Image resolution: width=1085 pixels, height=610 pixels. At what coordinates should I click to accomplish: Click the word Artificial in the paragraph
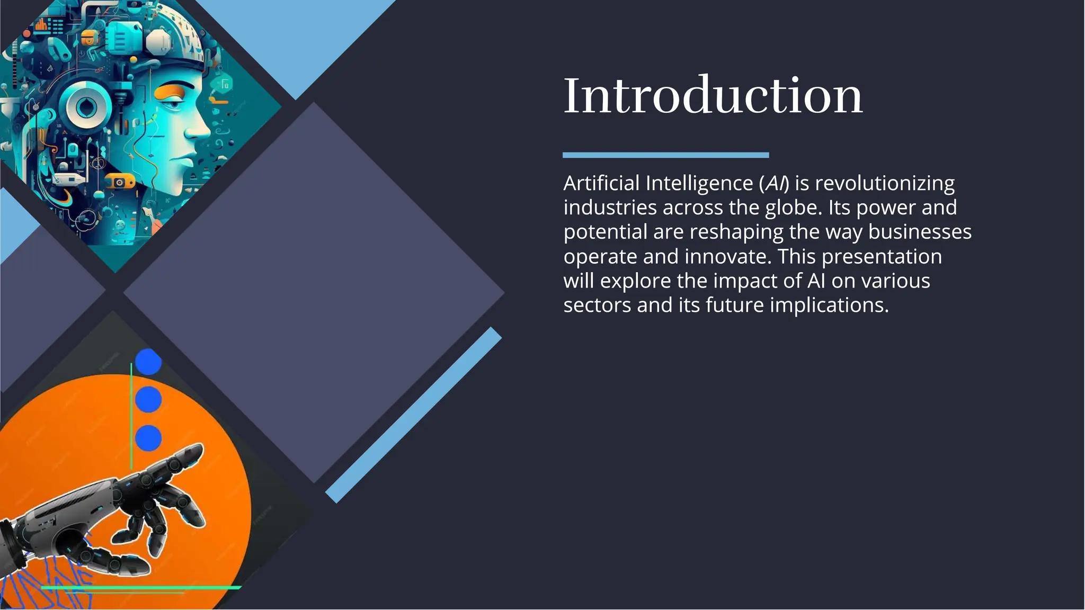[601, 183]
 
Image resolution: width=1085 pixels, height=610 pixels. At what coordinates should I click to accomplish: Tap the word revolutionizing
[884, 183]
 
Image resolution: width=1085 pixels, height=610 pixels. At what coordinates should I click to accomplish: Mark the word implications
[829, 306]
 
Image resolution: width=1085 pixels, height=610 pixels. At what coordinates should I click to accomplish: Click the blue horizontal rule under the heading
[665, 155]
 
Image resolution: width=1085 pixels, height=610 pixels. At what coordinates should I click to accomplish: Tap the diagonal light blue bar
[413, 415]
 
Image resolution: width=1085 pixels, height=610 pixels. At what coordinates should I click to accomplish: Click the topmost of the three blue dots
[148, 362]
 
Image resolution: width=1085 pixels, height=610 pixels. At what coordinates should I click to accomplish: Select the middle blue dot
[148, 399]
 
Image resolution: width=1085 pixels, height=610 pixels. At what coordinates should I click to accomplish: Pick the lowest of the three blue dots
[148, 438]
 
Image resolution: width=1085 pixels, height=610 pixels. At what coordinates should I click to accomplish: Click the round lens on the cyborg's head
[85, 106]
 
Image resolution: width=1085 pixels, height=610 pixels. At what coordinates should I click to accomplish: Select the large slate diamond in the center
[314, 292]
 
